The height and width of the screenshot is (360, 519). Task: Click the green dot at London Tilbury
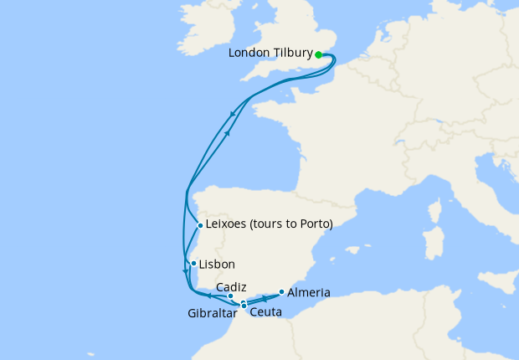click(319, 54)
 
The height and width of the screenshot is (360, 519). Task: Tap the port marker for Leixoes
click(200, 225)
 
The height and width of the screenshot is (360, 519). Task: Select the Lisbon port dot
click(193, 264)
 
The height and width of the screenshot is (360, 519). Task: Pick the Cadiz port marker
click(230, 296)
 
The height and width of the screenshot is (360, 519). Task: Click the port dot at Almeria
click(281, 292)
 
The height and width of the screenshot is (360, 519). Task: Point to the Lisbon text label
click(216, 264)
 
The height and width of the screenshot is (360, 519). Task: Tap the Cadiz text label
click(231, 286)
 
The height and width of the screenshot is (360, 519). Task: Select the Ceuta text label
click(265, 311)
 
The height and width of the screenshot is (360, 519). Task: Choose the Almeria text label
click(308, 293)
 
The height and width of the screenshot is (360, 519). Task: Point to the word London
click(250, 54)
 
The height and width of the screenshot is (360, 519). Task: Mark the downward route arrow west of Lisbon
click(185, 271)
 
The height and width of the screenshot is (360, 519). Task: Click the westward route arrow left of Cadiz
click(208, 296)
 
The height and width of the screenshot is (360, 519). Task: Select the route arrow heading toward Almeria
click(265, 298)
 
